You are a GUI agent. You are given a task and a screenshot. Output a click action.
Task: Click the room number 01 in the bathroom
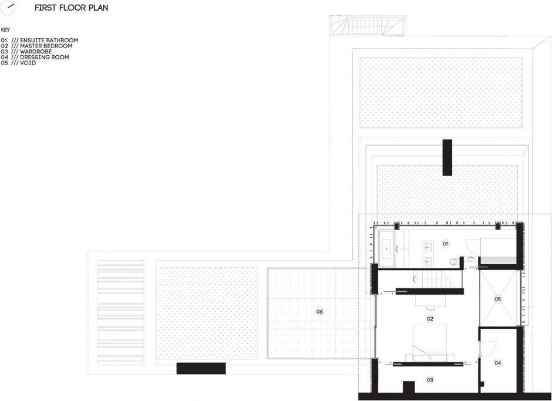click(x=445, y=244)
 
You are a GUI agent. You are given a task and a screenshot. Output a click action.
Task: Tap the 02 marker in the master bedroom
click(x=430, y=319)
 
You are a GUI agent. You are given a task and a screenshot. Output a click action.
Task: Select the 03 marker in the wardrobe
click(x=430, y=380)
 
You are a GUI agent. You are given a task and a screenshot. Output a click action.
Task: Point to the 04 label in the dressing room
click(x=497, y=363)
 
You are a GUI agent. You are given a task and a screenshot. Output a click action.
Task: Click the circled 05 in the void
click(x=497, y=299)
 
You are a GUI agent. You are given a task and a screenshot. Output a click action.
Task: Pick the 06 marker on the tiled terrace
click(x=319, y=312)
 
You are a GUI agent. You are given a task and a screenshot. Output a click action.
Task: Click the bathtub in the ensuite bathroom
click(x=386, y=249)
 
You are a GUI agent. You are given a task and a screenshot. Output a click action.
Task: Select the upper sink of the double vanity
click(x=428, y=248)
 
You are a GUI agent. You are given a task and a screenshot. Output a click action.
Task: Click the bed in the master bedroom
click(x=430, y=343)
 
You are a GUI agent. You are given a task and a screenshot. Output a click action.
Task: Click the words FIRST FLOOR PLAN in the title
click(x=72, y=8)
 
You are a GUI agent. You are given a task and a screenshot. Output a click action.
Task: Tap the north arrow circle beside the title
click(x=8, y=8)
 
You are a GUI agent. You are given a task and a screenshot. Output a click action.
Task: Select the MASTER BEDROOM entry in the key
click(x=46, y=46)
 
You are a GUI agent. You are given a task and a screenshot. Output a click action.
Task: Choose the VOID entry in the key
click(x=28, y=63)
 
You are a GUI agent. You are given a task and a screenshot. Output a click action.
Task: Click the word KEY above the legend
click(x=5, y=29)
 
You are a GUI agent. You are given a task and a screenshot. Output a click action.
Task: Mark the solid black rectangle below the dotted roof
click(x=201, y=368)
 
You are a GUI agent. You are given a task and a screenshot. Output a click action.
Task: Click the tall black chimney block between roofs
click(x=447, y=157)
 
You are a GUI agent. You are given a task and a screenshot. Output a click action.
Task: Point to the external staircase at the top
click(x=368, y=25)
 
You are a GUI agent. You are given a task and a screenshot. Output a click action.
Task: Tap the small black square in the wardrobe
click(x=409, y=386)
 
